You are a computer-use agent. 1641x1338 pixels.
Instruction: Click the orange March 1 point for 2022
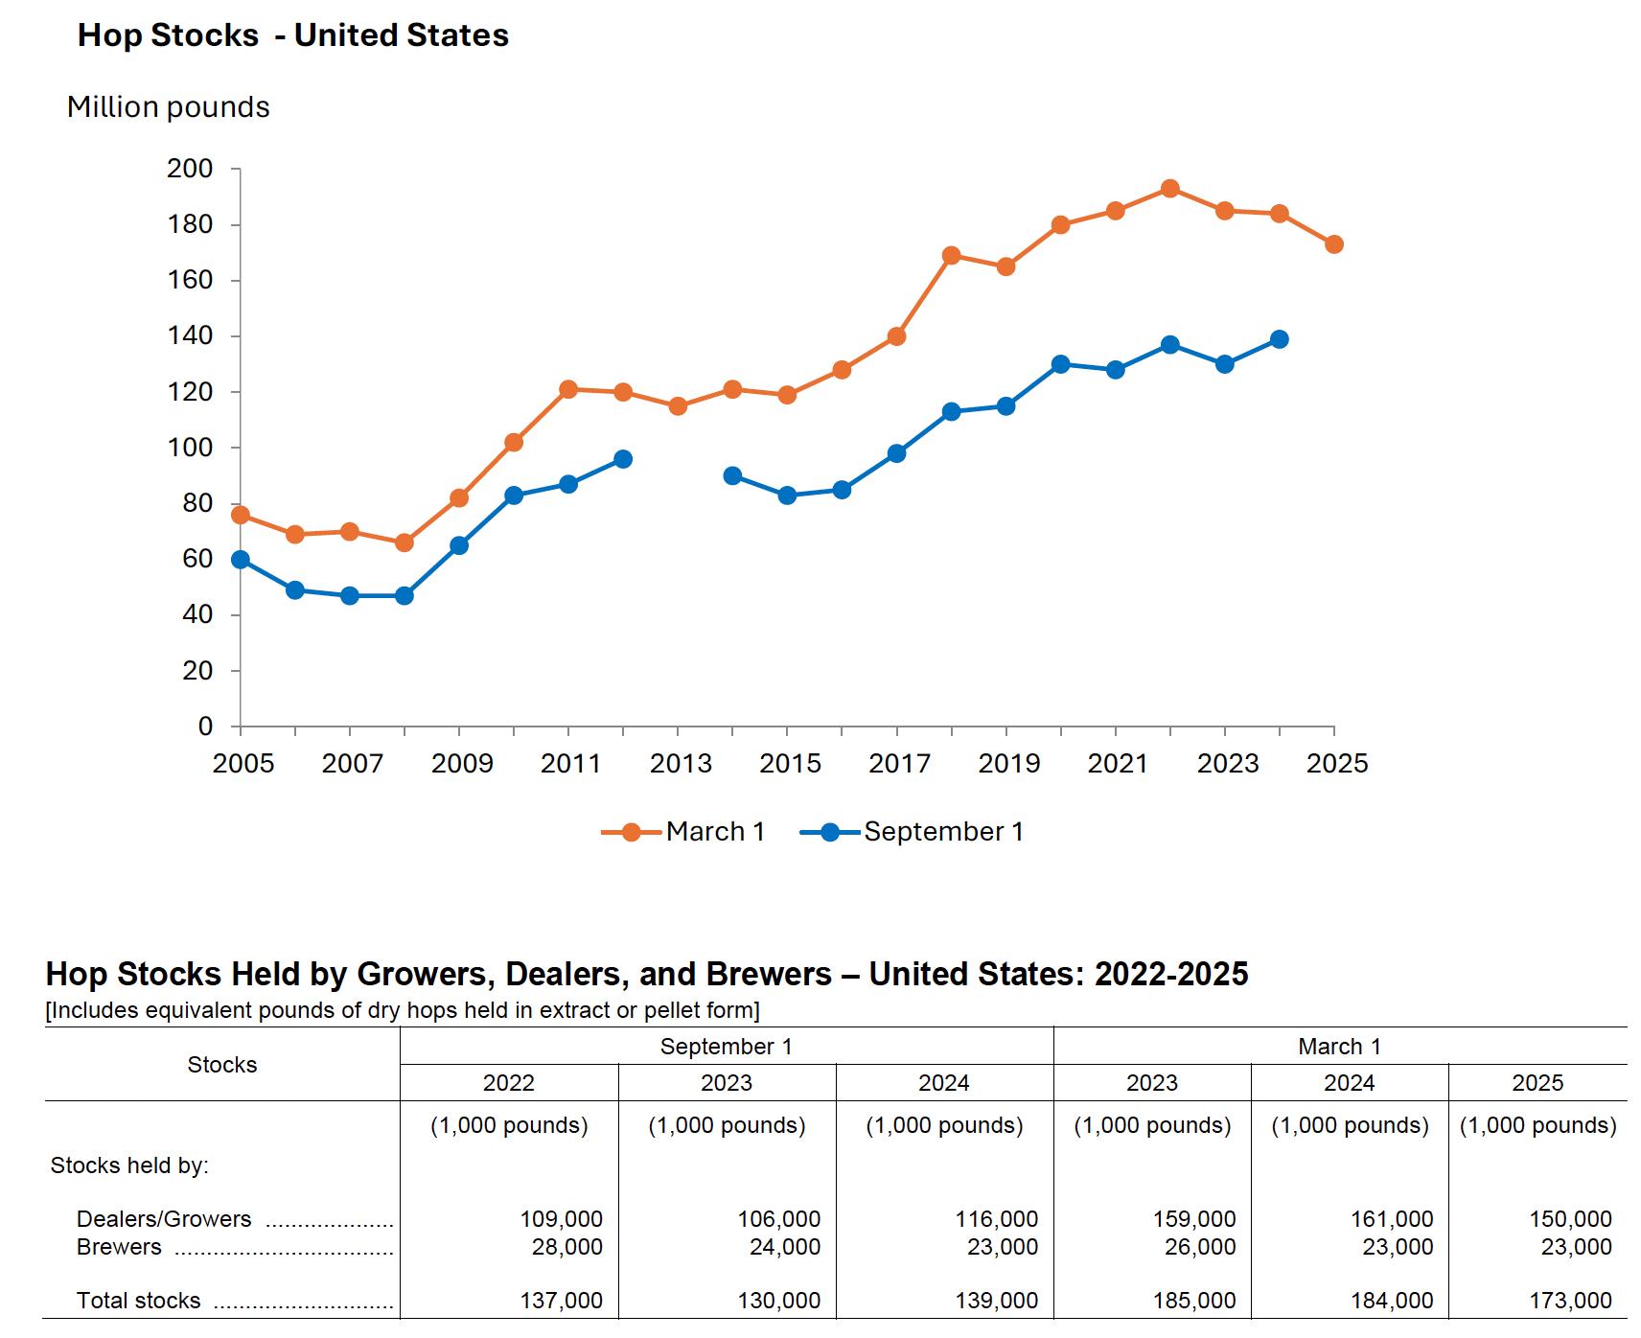tap(1169, 189)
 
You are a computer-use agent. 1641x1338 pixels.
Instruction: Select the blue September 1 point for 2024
tap(1279, 339)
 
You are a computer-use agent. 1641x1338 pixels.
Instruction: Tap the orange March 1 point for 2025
tap(1333, 244)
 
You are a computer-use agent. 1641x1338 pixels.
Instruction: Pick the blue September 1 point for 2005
tap(241, 560)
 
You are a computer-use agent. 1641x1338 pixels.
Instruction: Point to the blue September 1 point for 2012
tap(623, 459)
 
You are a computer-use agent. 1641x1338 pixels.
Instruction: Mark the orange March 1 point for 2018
tap(951, 256)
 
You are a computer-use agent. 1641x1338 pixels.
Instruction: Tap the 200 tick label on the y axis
tap(190, 169)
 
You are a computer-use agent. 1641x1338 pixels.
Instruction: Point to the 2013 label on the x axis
tap(681, 764)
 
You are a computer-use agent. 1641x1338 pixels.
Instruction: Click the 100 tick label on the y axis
tap(190, 448)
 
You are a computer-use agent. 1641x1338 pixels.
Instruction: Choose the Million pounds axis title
tap(169, 107)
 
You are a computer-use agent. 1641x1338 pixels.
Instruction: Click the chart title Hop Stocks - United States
tap(292, 35)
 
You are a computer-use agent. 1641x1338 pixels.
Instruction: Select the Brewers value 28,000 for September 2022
tap(566, 1247)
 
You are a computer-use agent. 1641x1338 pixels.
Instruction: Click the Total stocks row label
tap(139, 1301)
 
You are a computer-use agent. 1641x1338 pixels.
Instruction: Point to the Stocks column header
tap(222, 1065)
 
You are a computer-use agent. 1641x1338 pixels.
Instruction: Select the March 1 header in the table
tap(1339, 1047)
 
